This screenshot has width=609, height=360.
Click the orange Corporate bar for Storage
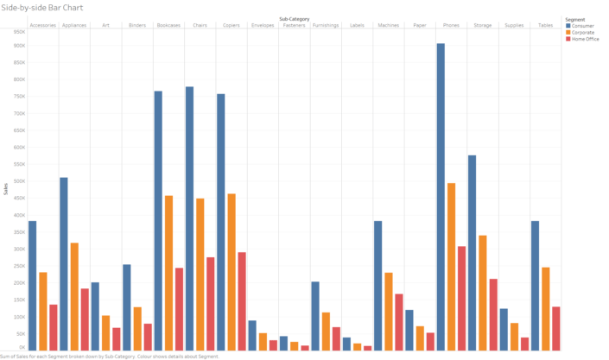click(482, 293)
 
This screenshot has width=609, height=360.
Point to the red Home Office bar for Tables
click(555, 328)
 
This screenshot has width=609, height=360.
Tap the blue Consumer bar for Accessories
click(32, 285)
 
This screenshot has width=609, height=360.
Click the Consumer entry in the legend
click(580, 26)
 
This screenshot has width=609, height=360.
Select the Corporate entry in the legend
click(580, 32)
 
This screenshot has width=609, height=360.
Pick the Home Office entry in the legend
click(582, 39)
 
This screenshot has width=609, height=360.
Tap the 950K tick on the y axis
click(19, 31)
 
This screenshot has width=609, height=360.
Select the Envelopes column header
click(263, 25)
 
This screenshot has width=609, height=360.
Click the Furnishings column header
click(325, 25)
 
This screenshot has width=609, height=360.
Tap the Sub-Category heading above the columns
click(294, 18)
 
